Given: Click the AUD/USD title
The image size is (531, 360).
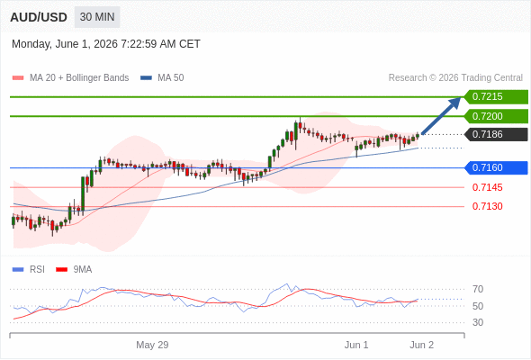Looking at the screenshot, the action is point(39,17).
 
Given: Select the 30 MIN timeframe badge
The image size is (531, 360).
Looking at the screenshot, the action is point(97,17).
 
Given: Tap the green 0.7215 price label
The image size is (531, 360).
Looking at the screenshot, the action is point(496,97).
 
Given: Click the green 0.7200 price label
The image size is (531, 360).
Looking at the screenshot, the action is point(496,116).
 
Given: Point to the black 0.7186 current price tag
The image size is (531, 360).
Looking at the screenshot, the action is point(496,134).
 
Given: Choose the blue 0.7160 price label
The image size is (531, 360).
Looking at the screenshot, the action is point(496,167).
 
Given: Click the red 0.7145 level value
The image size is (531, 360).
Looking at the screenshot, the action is point(487,187).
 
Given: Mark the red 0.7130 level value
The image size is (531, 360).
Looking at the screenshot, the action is point(487,206).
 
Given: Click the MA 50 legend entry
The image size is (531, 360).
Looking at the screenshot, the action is point(162,78).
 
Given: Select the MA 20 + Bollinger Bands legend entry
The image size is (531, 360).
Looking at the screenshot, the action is point(70,78).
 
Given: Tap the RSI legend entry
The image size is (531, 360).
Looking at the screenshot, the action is point(29,270).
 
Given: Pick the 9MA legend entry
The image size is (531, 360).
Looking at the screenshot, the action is point(74,270).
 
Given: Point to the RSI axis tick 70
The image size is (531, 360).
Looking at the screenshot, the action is point(478,289).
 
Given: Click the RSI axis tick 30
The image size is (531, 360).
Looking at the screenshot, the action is point(478,322).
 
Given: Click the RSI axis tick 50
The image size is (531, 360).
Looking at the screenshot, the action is point(478,306).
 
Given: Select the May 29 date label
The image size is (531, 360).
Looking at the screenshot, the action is point(152,345).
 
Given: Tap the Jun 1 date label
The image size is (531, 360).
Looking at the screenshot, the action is point(356,345).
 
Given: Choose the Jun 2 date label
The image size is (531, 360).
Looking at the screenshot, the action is point(421,345).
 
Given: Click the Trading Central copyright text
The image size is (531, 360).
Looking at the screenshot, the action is point(455,78).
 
